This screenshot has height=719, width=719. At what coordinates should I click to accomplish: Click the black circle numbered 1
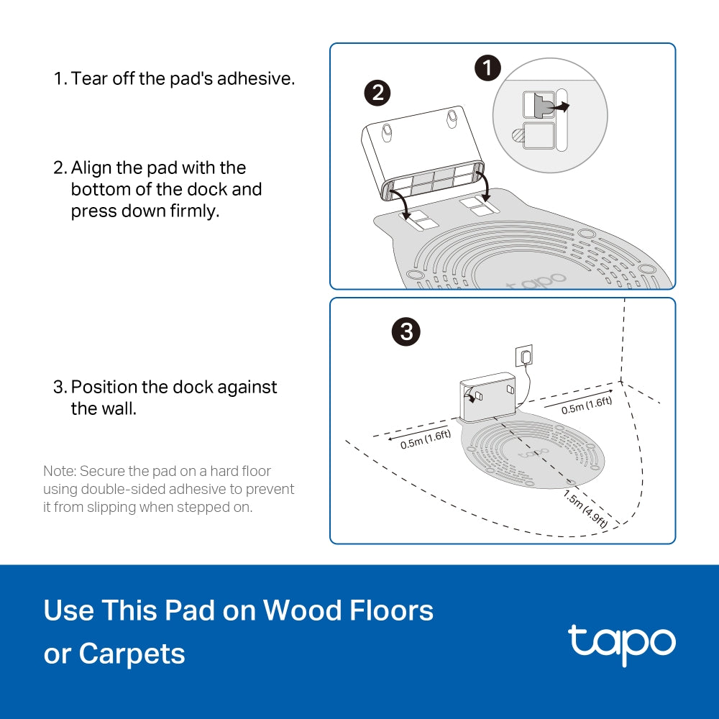click(488, 69)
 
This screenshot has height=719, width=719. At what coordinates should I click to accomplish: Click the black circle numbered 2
click(377, 93)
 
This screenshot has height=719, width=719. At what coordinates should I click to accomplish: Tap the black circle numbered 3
click(406, 331)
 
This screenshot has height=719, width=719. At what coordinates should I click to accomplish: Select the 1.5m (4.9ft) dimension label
click(585, 509)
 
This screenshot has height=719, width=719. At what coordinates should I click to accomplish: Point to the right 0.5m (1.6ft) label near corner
click(586, 404)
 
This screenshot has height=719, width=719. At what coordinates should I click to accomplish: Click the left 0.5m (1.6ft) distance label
click(426, 439)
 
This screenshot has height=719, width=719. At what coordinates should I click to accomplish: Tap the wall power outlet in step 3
click(524, 354)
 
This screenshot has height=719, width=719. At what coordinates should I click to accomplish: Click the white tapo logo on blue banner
click(621, 644)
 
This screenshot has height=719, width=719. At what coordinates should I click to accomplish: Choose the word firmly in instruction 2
click(190, 212)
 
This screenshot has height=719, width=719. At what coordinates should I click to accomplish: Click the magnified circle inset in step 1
click(550, 115)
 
